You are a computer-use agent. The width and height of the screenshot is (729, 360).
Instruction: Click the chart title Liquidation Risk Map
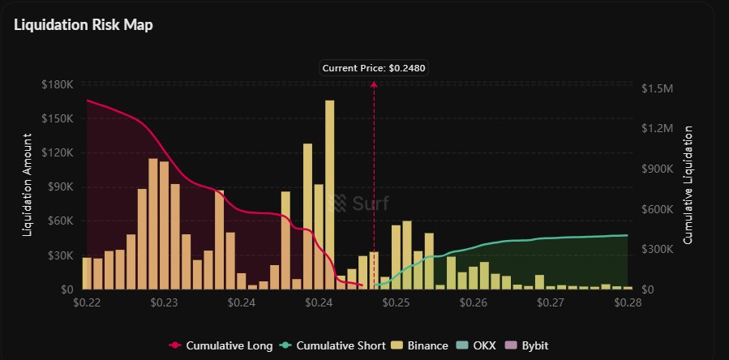pos(84,24)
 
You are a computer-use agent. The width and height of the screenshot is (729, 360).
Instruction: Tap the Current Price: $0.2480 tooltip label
pos(373,68)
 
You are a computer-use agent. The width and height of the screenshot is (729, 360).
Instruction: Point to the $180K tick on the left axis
pos(58,84)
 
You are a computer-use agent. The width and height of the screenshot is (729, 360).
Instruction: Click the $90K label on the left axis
pos(60,186)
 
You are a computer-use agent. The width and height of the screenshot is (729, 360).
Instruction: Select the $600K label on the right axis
pos(657,209)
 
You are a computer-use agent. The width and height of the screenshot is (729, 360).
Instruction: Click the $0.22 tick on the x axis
pos(87,302)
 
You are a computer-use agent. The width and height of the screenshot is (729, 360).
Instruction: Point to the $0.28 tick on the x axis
pos(628,302)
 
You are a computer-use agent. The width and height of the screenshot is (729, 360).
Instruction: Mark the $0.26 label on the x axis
pos(474,302)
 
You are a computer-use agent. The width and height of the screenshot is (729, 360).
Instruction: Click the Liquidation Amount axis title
pos(27,186)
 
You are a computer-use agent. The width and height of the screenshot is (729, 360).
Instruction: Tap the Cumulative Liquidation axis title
pos(689,186)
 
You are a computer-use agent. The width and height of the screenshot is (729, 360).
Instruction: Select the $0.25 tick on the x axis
pos(397,302)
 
